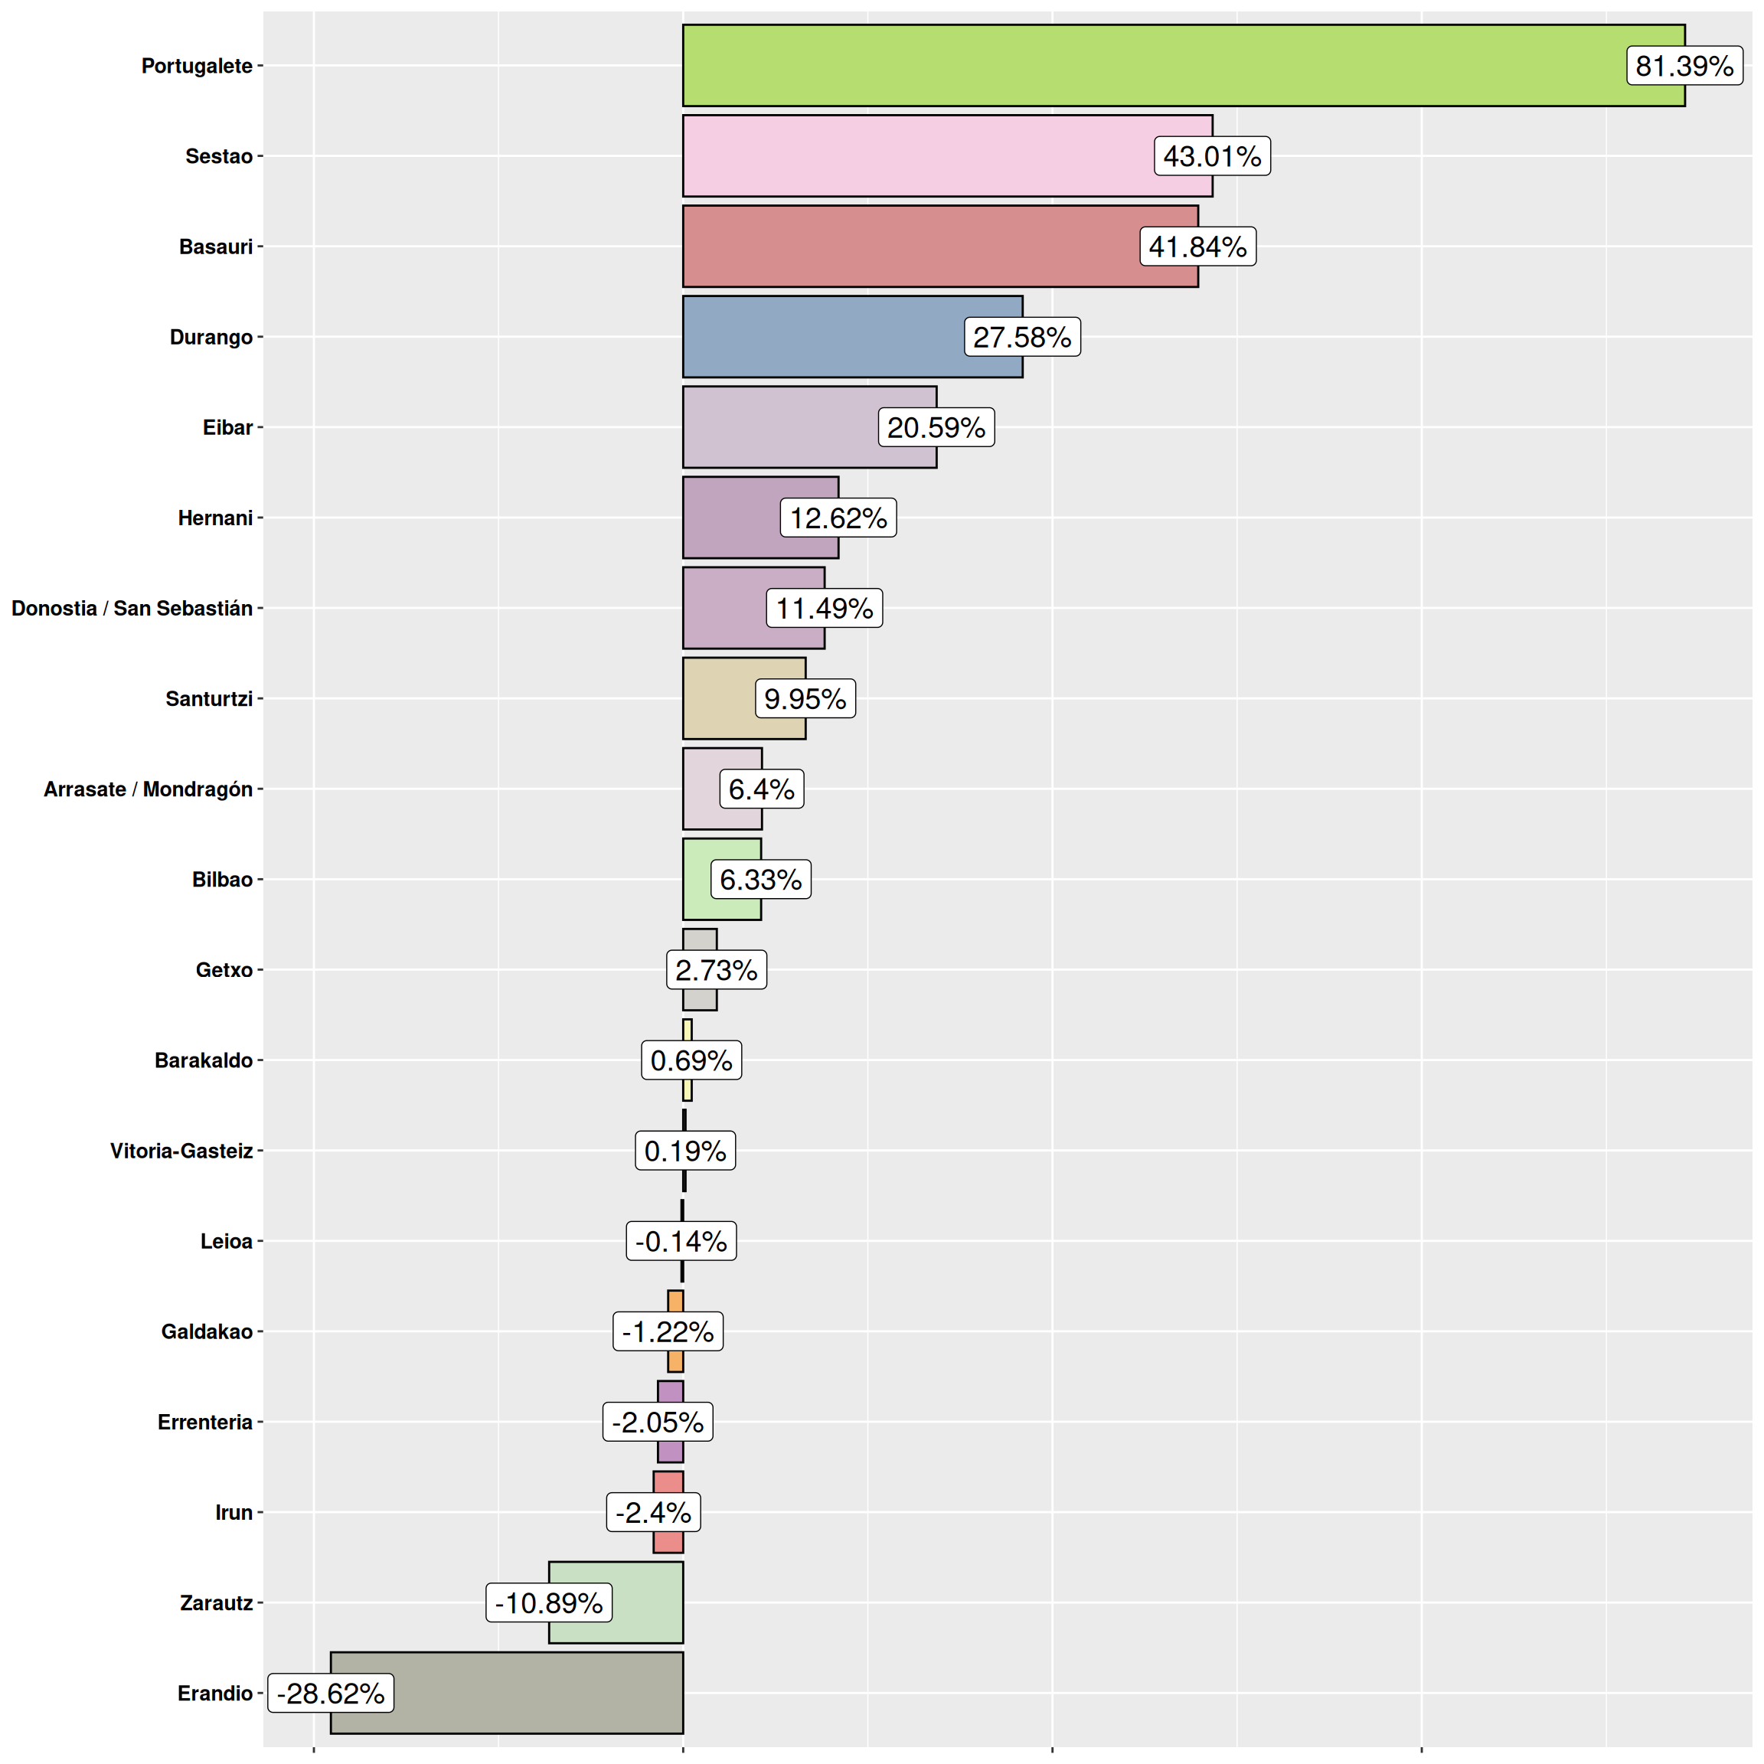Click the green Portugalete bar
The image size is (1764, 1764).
[1142, 66]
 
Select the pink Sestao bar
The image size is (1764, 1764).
[913, 156]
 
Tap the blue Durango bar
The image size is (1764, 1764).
[822, 337]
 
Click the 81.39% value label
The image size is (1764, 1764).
[1684, 66]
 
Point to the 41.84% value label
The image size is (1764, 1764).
[1197, 247]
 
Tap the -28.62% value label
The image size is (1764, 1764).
[331, 1693]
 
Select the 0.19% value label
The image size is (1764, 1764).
[684, 1151]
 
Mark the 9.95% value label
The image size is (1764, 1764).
[805, 698]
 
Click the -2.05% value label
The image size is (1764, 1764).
[658, 1422]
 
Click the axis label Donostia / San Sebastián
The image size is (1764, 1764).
[132, 608]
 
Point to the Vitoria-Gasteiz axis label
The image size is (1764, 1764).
[181, 1151]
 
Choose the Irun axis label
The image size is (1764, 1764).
[234, 1512]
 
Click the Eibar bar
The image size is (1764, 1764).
[776, 427]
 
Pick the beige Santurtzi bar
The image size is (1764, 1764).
[717, 698]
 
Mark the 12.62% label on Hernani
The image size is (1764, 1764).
[838, 518]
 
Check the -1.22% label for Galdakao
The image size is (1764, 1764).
[668, 1331]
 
